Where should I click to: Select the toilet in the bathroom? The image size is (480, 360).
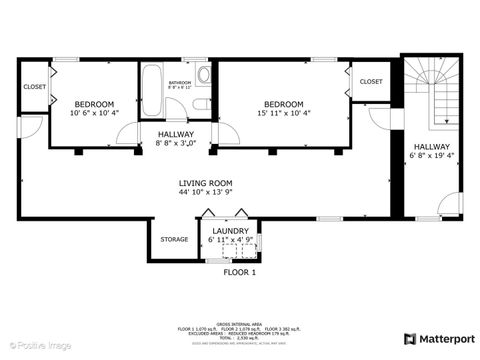click(200, 104)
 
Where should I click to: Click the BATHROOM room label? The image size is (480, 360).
click(180, 83)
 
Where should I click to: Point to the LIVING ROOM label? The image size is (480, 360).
click(205, 183)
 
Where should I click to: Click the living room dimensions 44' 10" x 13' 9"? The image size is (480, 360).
click(205, 193)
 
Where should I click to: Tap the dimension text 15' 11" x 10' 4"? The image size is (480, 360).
click(284, 114)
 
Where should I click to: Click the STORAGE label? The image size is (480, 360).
click(174, 239)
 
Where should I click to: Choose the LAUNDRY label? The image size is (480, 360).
click(230, 231)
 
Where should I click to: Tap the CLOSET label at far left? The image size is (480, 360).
click(34, 86)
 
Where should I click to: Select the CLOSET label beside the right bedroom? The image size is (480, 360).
click(370, 81)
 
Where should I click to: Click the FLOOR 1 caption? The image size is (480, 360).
click(239, 272)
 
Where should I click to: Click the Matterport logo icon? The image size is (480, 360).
click(410, 338)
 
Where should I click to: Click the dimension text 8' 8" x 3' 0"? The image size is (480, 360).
click(176, 144)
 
